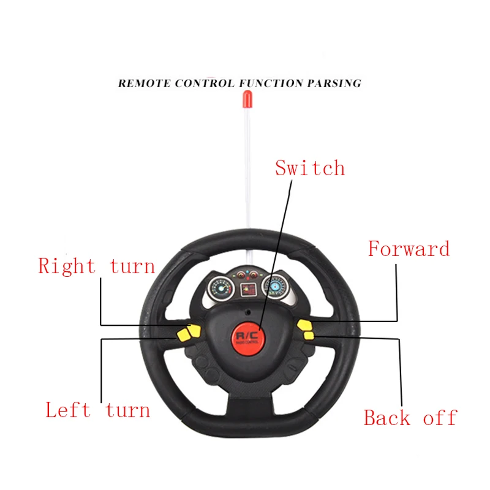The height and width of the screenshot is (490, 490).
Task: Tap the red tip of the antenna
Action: pos(247,96)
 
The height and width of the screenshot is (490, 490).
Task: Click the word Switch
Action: pos(310,168)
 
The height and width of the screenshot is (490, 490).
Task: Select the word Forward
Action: pos(409,249)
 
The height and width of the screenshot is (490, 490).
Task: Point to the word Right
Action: pos(67,266)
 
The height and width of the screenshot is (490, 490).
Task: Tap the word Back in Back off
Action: pos(387,418)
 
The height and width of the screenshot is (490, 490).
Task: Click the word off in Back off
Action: pos(440,418)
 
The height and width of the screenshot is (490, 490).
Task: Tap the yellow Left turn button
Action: pos(183,336)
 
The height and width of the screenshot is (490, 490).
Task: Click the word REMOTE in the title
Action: pos(145,83)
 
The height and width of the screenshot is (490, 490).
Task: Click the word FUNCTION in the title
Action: pos(267,83)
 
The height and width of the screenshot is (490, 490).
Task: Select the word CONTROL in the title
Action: pos(204,83)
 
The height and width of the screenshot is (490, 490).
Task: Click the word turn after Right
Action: pos(132,266)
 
